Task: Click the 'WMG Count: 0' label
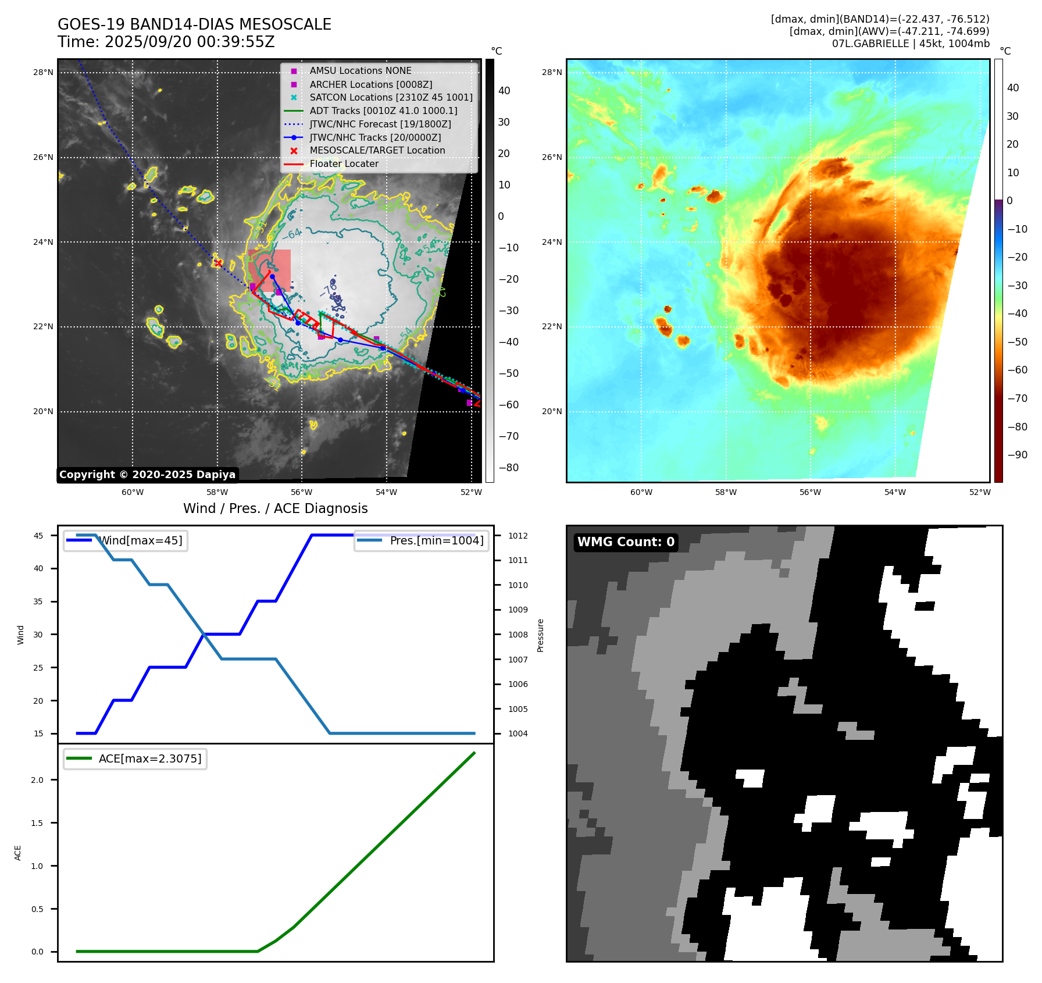point(626,542)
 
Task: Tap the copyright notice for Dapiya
point(147,475)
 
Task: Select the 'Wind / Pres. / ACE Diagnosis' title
point(275,508)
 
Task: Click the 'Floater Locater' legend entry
point(344,164)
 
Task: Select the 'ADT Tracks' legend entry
point(383,111)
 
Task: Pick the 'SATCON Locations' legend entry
point(391,97)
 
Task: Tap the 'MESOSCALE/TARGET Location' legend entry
point(377,150)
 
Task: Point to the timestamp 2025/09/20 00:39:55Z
point(189,42)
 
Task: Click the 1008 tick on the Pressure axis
point(518,635)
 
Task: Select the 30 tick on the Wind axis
point(38,635)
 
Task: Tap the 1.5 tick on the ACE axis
point(37,823)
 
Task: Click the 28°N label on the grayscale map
point(43,73)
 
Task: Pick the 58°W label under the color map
point(726,492)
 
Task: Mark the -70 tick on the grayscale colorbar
point(509,436)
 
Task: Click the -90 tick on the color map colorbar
point(1017,455)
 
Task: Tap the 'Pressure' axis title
point(541,635)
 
